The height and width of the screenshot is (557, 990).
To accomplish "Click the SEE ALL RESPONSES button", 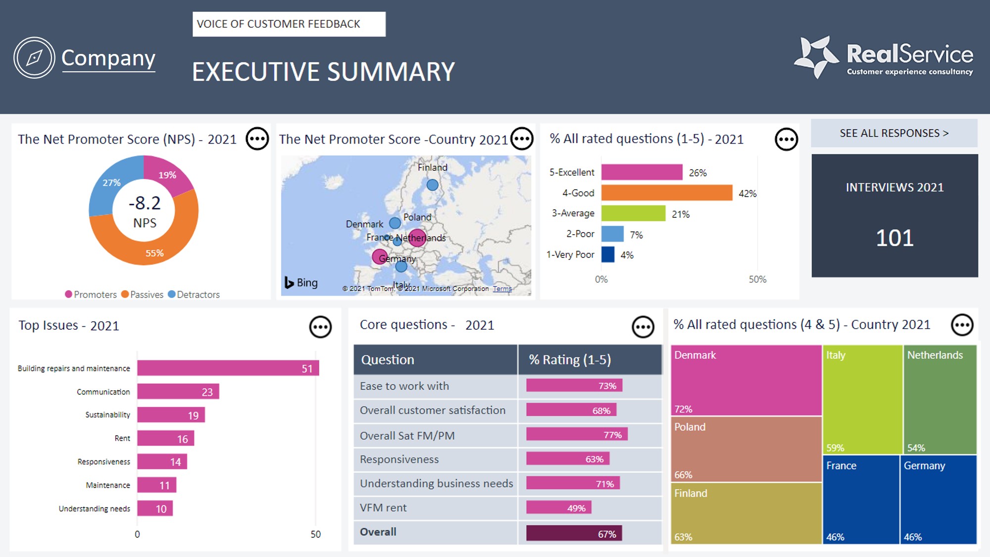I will pyautogui.click(x=894, y=133).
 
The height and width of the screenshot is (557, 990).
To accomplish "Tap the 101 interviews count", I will pyautogui.click(x=894, y=238).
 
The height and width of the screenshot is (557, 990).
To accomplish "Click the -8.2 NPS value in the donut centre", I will pyautogui.click(x=145, y=203).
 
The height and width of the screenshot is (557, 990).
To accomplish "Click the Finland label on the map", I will pyautogui.click(x=432, y=167).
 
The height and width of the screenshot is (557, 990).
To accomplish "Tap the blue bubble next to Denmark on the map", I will pyautogui.click(x=395, y=223).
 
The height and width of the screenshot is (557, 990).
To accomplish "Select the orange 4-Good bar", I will pyautogui.click(x=666, y=193).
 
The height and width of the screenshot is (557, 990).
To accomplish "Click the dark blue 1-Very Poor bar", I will pyautogui.click(x=608, y=254).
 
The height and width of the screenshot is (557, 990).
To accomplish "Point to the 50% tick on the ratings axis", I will pyautogui.click(x=757, y=279).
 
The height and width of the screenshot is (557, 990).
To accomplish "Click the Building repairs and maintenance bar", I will pyautogui.click(x=228, y=368).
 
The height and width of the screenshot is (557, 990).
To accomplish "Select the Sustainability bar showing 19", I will pyautogui.click(x=171, y=415).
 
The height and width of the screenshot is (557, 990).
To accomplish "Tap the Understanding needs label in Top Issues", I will pyautogui.click(x=94, y=509).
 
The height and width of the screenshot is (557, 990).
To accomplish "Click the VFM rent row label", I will pyautogui.click(x=383, y=508).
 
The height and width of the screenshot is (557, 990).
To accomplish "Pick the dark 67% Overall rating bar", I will pyautogui.click(x=574, y=534).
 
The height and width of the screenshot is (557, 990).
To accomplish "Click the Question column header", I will pyautogui.click(x=388, y=360).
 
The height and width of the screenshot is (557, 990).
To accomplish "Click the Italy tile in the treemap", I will pyautogui.click(x=862, y=399).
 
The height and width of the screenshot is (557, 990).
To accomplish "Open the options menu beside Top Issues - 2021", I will pyautogui.click(x=320, y=327).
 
